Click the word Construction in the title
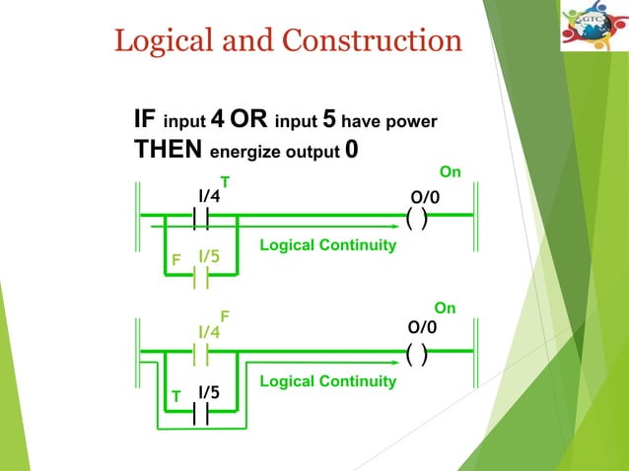click(373, 40)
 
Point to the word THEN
click(169, 151)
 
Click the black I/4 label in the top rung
click(208, 196)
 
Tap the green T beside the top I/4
click(225, 182)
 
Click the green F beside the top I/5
click(176, 261)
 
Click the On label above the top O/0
click(450, 172)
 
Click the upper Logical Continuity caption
click(327, 244)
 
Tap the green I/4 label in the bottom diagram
click(208, 332)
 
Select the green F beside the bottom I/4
click(225, 317)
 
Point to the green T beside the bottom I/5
click(176, 395)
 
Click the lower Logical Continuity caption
click(327, 380)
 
